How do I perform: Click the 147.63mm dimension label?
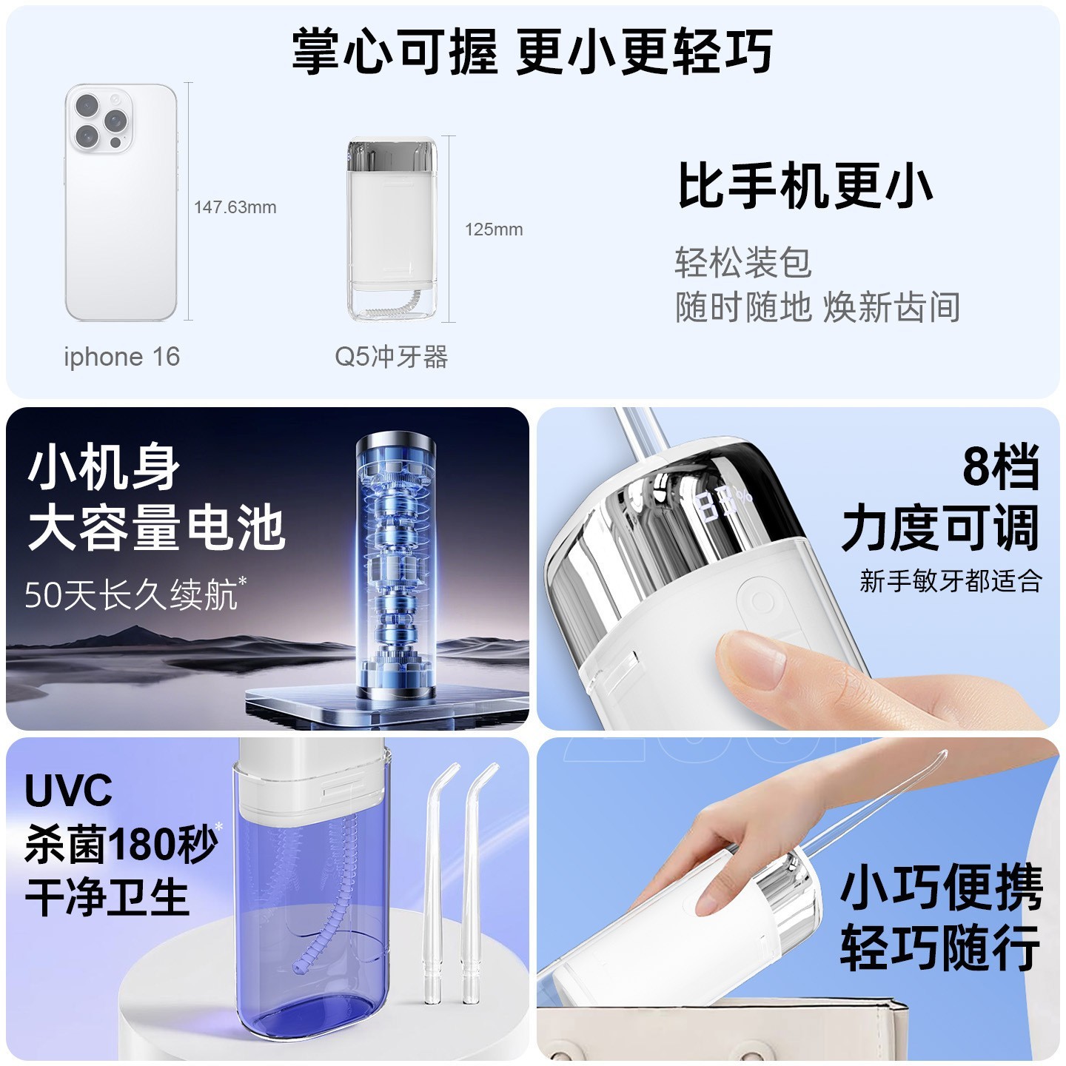tap(235, 207)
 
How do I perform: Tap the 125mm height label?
tap(494, 229)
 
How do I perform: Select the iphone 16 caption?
tap(122, 357)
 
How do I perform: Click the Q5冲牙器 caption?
tap(391, 357)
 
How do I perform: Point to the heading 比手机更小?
tap(805, 187)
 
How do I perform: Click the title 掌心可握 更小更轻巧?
tap(532, 52)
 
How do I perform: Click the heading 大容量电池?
tap(156, 528)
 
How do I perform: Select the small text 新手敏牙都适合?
tap(951, 581)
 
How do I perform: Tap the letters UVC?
tap(69, 791)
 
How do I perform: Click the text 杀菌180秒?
tap(121, 844)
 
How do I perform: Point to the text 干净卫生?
tap(107, 897)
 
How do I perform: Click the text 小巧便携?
tap(941, 888)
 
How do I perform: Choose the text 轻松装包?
tap(742, 263)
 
